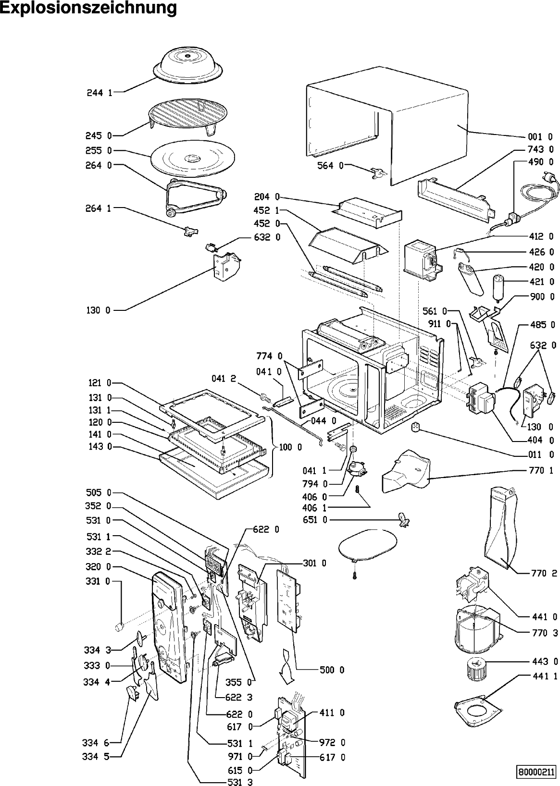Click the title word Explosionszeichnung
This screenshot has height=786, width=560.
88,8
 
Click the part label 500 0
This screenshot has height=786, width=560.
332,670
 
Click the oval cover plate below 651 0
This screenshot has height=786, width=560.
368,545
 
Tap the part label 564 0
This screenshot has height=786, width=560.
330,166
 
